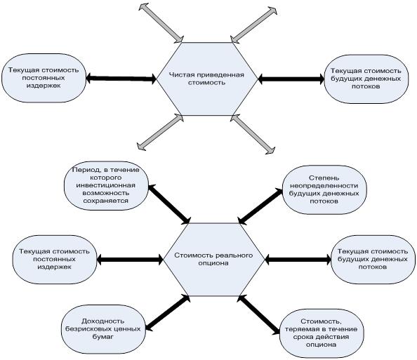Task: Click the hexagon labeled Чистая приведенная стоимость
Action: click(207, 79)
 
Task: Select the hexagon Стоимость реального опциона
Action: click(214, 259)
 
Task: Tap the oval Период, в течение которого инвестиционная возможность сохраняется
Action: click(106, 185)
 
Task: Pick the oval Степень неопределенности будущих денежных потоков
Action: click(324, 190)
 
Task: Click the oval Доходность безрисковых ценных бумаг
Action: click(103, 329)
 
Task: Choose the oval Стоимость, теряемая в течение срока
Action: click(322, 333)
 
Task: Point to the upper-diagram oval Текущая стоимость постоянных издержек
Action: click(44, 78)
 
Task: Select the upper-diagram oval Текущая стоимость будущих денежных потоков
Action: click(366, 79)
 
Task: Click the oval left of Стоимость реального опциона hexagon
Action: click(55, 260)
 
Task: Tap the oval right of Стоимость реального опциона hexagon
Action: click(373, 260)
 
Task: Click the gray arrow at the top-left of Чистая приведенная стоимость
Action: click(161, 23)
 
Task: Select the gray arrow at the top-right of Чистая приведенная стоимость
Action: click(253, 25)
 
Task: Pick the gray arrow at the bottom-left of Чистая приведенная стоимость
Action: click(160, 133)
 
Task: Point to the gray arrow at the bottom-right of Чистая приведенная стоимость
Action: click(253, 134)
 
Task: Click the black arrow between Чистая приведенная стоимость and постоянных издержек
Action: click(121, 79)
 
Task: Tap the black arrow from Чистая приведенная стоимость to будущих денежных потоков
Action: click(291, 79)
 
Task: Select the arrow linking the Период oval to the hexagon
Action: click(169, 204)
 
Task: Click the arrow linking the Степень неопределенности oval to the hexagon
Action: click(260, 206)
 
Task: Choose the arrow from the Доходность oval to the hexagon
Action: click(168, 313)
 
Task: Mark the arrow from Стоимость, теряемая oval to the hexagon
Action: click(258, 315)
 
